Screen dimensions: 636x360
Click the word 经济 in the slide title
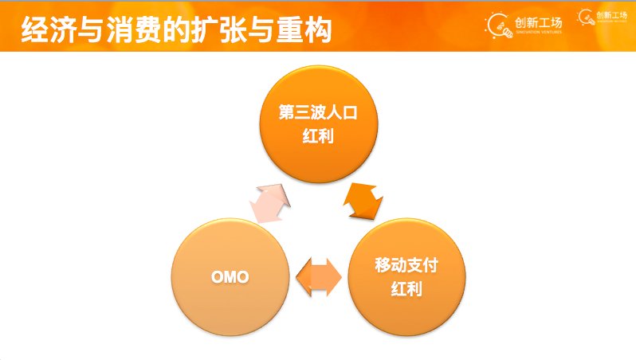coord(49,29)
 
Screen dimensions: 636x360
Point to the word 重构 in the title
coord(304,29)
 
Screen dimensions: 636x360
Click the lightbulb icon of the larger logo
coord(498,25)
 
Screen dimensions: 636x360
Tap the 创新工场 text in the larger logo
coord(538,22)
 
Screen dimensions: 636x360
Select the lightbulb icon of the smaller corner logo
coord(586,17)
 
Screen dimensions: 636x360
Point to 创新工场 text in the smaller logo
coord(611,15)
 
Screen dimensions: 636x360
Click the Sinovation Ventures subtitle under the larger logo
coord(539,32)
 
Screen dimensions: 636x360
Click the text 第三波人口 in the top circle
coord(318,112)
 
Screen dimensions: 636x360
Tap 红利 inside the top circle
coord(318,136)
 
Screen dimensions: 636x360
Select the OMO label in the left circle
coord(230,277)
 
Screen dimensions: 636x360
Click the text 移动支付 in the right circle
coord(406,265)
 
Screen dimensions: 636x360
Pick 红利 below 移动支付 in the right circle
coord(406,288)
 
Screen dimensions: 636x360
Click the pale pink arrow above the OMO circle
coord(269,203)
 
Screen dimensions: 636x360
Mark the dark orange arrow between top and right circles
coord(363,202)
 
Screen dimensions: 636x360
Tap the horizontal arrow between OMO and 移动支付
coord(319,277)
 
